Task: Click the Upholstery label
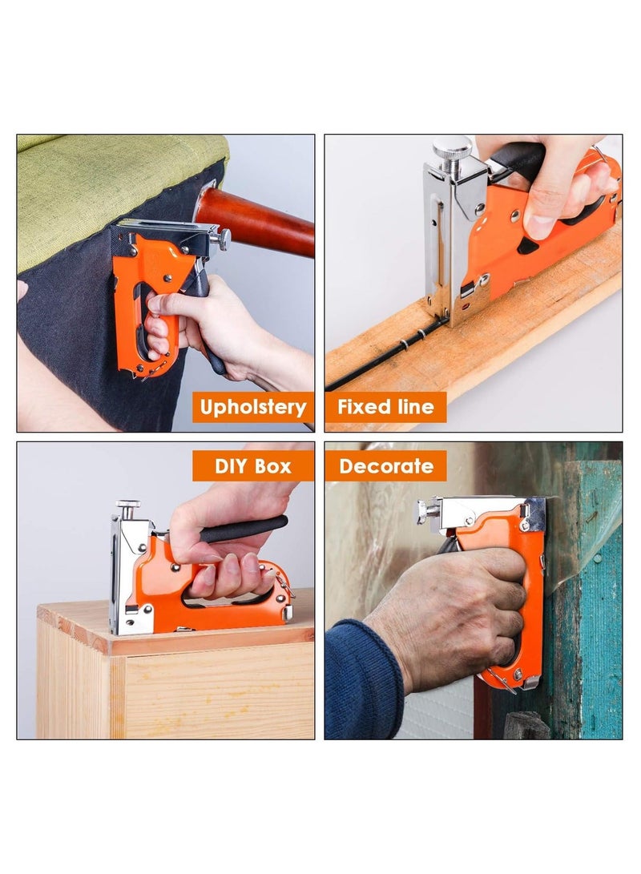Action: [253, 407]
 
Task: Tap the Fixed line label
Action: [385, 407]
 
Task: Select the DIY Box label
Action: [253, 465]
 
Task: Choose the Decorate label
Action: [385, 465]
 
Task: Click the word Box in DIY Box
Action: [273, 465]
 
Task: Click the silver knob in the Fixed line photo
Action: [452, 149]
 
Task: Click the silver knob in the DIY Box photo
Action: [127, 506]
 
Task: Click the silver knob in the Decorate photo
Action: [423, 510]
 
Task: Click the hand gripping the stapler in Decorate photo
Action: [449, 609]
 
